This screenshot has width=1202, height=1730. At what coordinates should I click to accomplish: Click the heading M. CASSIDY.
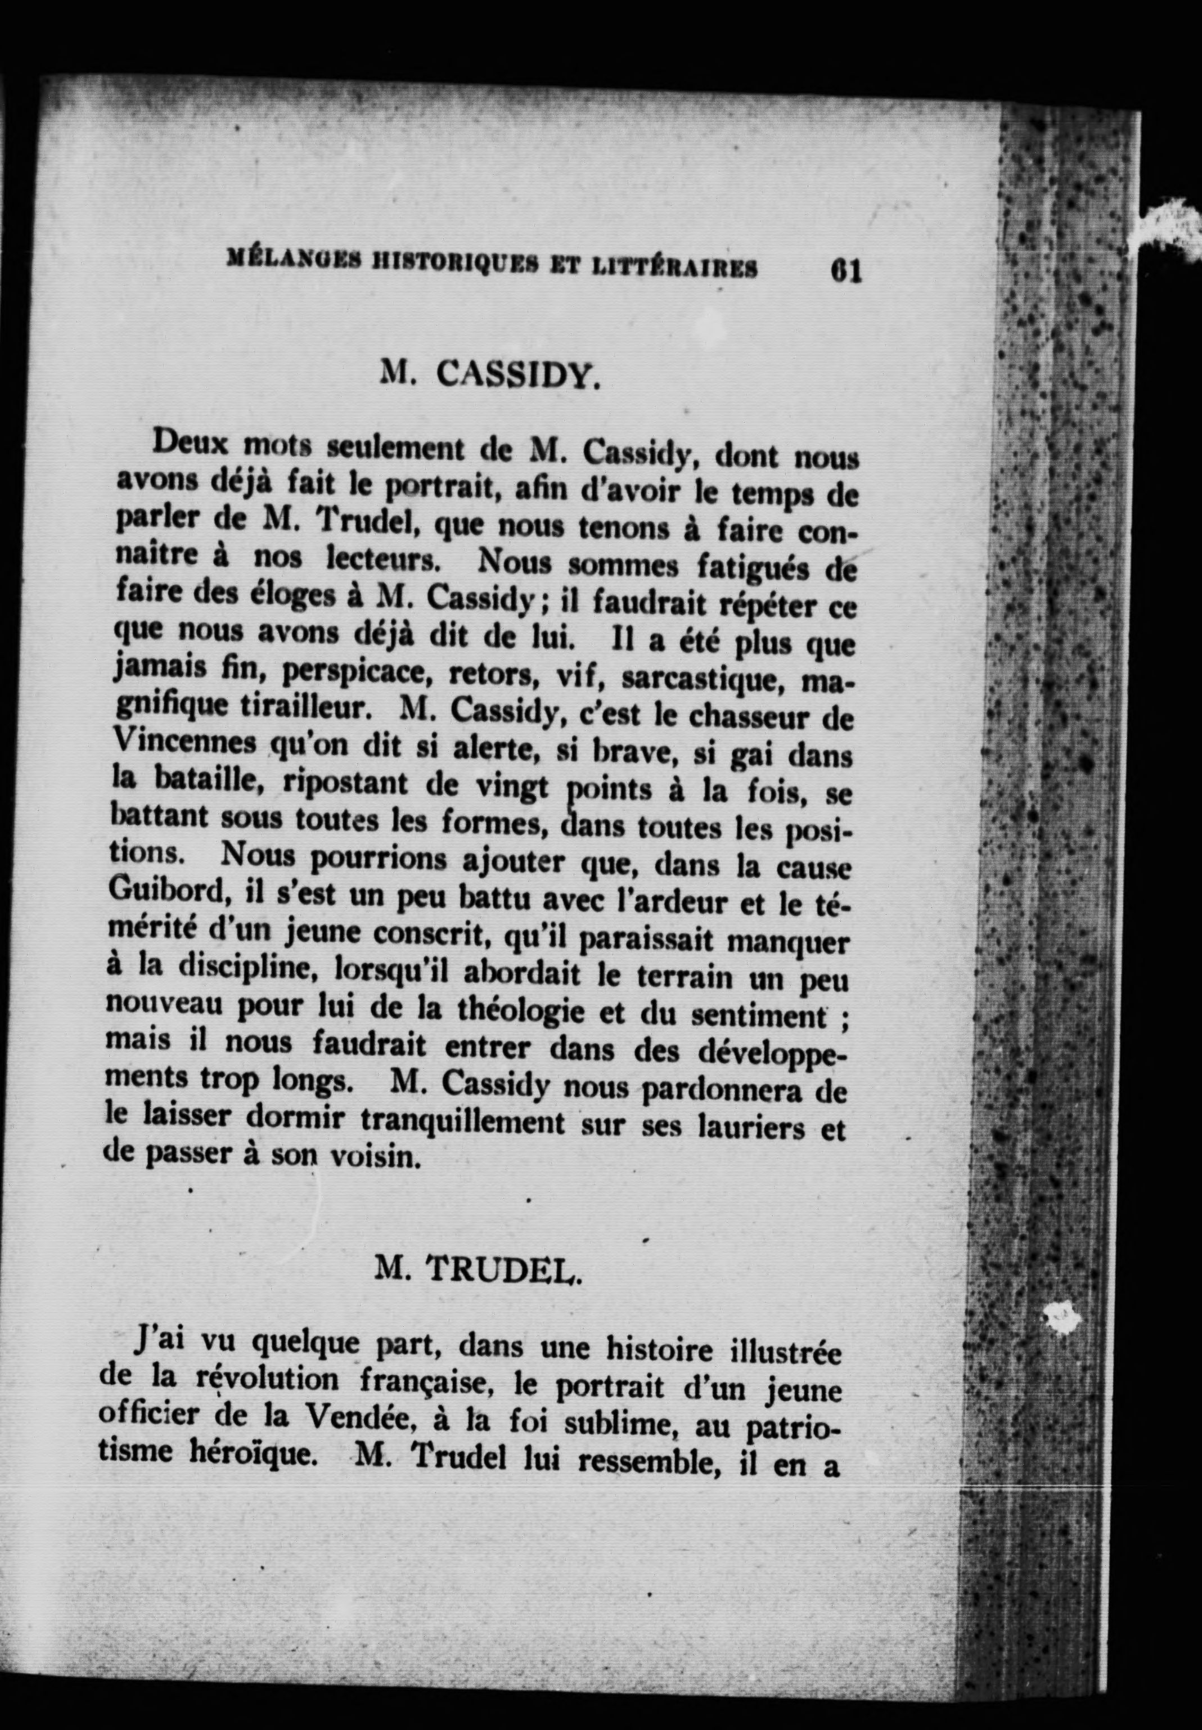click(491, 372)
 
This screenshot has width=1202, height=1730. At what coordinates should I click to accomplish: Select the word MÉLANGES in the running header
click(290, 265)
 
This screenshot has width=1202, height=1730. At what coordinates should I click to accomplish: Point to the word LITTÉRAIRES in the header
click(673, 269)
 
